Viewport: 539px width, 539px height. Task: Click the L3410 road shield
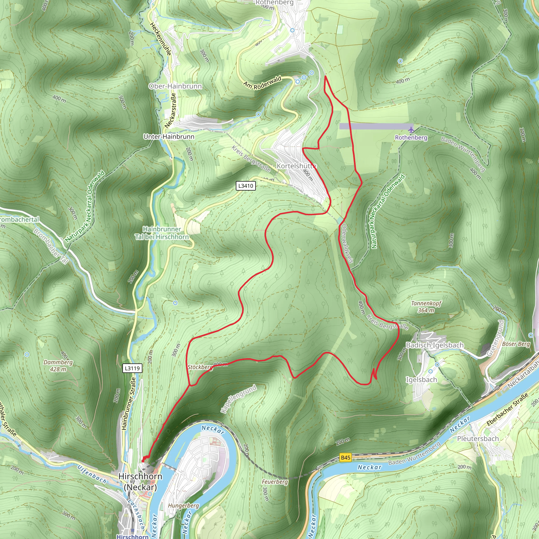pos(246,186)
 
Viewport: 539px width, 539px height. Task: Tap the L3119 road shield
pos(132,368)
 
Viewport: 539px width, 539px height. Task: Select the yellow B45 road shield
pos(345,457)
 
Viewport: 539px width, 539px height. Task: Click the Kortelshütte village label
pos(296,166)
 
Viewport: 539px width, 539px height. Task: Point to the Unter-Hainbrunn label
pos(169,137)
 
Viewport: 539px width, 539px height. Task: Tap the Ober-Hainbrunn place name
pos(175,86)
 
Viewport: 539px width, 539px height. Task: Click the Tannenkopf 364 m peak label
pos(426,307)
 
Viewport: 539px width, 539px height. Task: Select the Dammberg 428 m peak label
pos(58,366)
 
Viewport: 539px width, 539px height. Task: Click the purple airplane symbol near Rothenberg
pos(411,130)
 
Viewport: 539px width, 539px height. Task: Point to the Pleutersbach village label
pos(478,438)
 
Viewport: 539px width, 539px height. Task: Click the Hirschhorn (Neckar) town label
pos(140,482)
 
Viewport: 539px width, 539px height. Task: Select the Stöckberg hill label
pos(200,367)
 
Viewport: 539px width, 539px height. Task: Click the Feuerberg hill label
pos(275,482)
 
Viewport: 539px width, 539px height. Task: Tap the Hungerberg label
pos(183,506)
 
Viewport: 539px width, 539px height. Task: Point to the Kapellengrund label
pos(238,399)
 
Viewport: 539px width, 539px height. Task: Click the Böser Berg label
pos(516,344)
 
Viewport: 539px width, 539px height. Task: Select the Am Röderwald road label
pos(262,83)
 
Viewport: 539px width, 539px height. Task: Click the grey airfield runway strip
pos(376,126)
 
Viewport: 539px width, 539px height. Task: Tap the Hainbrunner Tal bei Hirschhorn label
pos(162,233)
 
